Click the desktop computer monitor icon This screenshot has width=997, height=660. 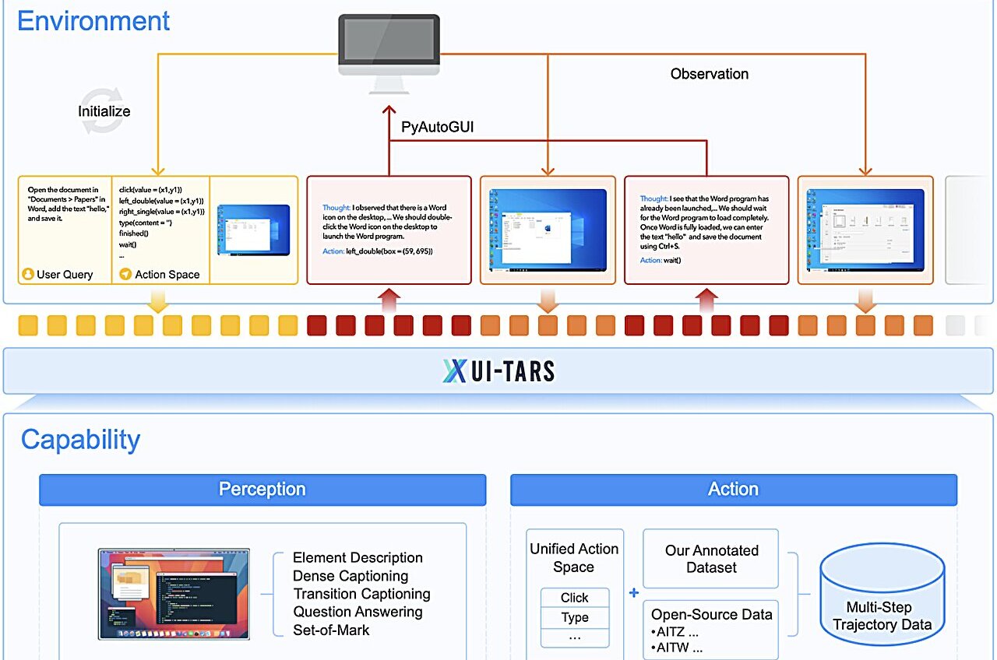[x=387, y=47]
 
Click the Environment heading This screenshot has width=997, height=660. [x=93, y=20]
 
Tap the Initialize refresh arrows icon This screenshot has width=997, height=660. [x=103, y=111]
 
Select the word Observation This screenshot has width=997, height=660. [x=709, y=74]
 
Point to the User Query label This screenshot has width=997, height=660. [x=65, y=274]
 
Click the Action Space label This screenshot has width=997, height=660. [x=167, y=274]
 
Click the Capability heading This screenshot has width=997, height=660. [x=80, y=439]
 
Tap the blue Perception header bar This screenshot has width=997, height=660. [x=262, y=490]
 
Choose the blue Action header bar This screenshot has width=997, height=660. [x=733, y=490]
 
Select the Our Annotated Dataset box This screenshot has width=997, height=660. [x=710, y=559]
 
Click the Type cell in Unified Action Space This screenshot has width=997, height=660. [x=574, y=617]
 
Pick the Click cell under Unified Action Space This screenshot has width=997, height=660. [x=574, y=598]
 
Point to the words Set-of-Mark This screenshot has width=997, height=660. [x=331, y=630]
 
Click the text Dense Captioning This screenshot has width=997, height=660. [x=351, y=576]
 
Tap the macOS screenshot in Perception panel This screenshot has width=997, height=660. [x=174, y=593]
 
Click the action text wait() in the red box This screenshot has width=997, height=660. [x=671, y=260]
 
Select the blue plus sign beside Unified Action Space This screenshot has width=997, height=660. [x=633, y=592]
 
